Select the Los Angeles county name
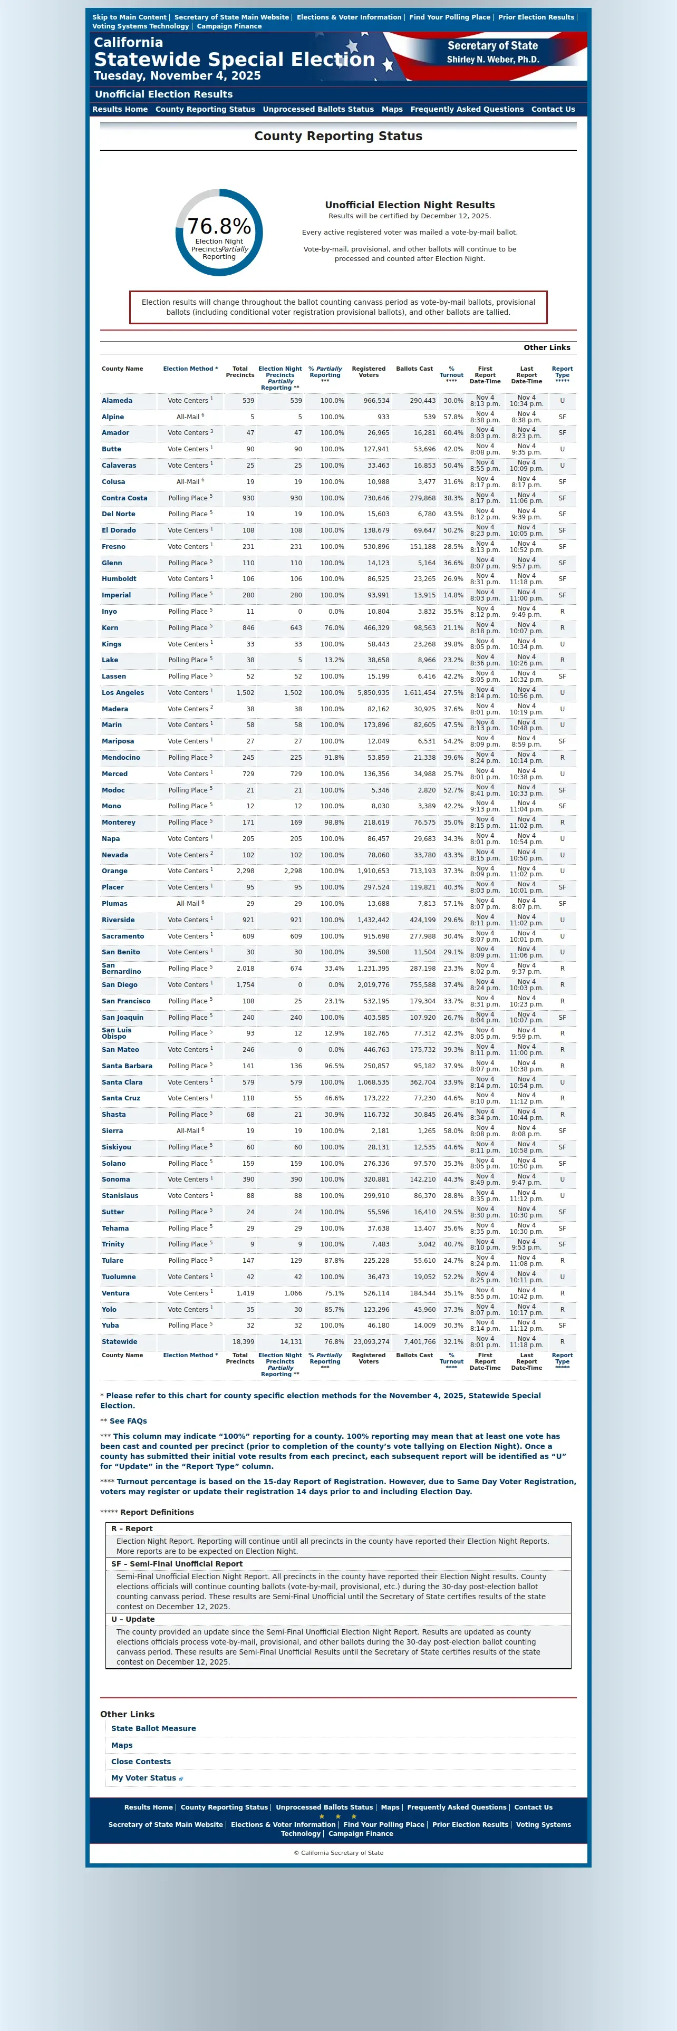click(123, 693)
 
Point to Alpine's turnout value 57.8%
click(452, 417)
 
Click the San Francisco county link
click(125, 1001)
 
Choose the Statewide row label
click(119, 1342)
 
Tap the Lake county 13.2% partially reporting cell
click(333, 661)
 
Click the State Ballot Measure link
click(153, 1728)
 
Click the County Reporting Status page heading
click(338, 137)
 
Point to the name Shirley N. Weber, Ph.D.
click(492, 60)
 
